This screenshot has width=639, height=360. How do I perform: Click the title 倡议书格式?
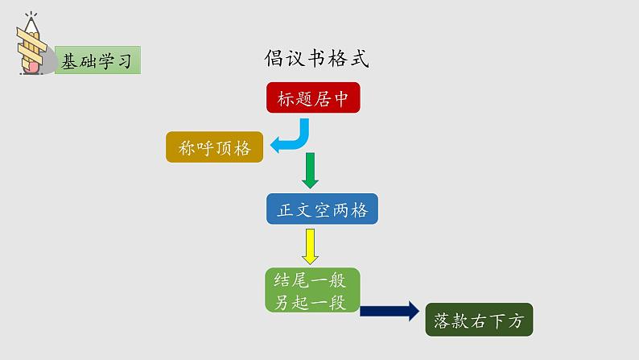click(x=317, y=59)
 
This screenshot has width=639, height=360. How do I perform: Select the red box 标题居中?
click(x=312, y=99)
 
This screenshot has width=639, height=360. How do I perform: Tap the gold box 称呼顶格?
click(x=215, y=147)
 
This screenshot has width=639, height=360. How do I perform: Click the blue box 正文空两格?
click(x=322, y=210)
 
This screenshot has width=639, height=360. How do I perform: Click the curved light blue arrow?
click(x=295, y=139)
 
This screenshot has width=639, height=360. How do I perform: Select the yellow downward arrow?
click(x=310, y=246)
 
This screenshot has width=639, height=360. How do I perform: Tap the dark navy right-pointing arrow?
click(x=390, y=311)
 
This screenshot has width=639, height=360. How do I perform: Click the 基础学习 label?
click(x=97, y=60)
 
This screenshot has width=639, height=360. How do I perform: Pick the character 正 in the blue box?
click(x=285, y=210)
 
